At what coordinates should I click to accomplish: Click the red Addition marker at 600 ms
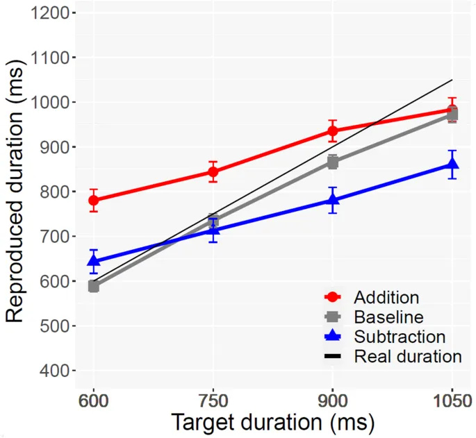click(93, 201)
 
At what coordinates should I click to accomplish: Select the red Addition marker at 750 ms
click(213, 171)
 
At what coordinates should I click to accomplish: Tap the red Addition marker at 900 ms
click(333, 130)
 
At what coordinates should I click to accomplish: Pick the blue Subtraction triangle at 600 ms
click(93, 261)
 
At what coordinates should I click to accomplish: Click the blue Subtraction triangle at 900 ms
click(333, 200)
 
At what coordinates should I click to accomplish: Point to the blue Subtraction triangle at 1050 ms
click(452, 164)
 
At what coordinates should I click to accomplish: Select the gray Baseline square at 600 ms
click(93, 286)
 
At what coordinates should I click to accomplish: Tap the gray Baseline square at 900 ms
click(333, 162)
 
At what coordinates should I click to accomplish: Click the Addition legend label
click(386, 297)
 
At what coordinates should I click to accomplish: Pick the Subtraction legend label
click(400, 337)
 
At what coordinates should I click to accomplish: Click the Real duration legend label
click(407, 357)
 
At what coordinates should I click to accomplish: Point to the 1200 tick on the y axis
click(51, 13)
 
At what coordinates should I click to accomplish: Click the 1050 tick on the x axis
click(450, 401)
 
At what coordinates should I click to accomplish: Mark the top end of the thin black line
click(452, 80)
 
